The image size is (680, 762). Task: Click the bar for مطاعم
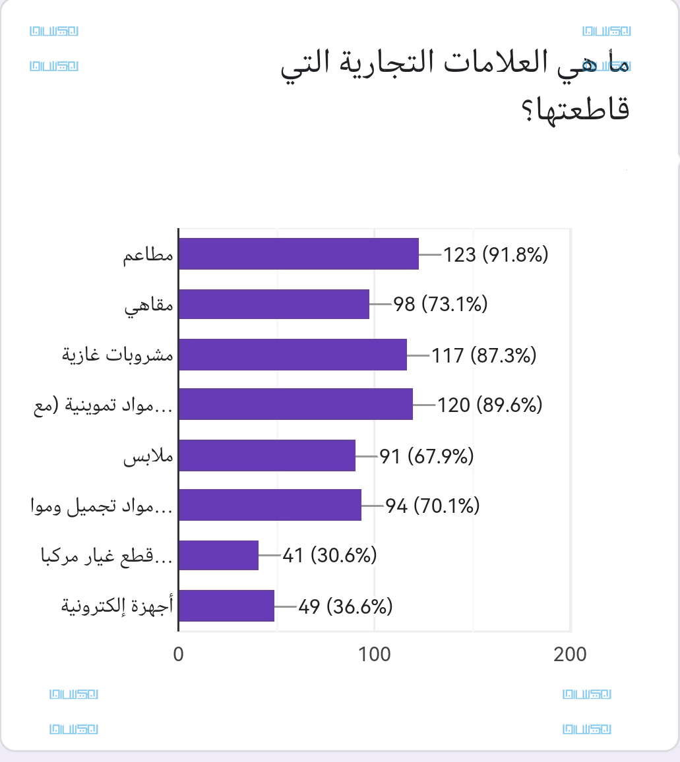(298, 254)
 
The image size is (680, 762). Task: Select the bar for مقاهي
(274, 304)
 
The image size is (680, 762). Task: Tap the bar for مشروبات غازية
(292, 354)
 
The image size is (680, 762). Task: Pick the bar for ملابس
(266, 455)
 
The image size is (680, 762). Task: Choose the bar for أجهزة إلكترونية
(226, 605)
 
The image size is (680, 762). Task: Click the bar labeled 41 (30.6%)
(218, 555)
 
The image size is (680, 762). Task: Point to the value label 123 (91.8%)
(496, 254)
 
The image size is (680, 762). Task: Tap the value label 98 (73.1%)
(441, 305)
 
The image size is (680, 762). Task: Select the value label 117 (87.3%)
(484, 355)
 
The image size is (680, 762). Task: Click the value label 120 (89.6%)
(490, 405)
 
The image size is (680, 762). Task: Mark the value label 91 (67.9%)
(427, 455)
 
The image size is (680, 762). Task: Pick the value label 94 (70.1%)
(432, 506)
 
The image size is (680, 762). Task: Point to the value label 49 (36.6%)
(345, 606)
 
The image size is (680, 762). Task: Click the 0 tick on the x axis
(179, 654)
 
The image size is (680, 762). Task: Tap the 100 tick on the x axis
(375, 654)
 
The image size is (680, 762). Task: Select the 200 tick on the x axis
(570, 654)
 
